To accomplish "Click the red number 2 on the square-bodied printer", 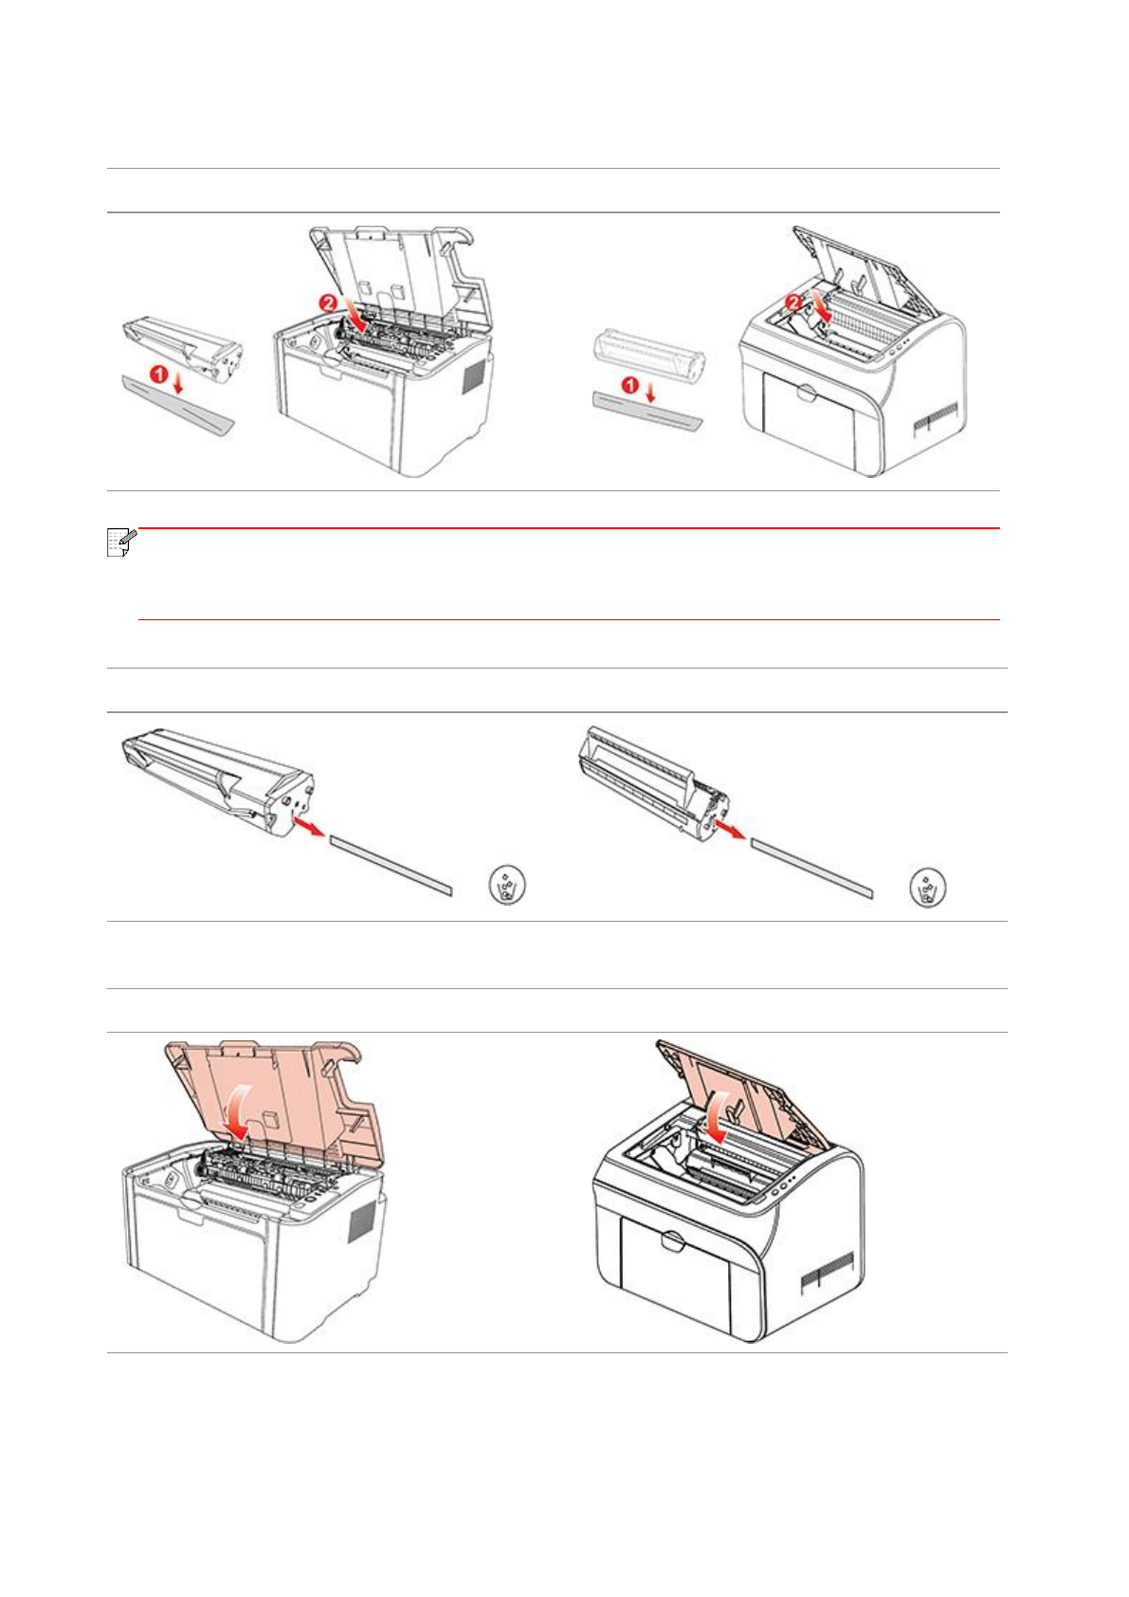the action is [328, 303].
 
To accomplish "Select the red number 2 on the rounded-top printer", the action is [793, 303].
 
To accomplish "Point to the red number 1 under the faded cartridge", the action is [630, 386].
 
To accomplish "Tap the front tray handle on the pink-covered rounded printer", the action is [672, 1240].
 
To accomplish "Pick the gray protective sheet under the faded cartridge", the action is [647, 410].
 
